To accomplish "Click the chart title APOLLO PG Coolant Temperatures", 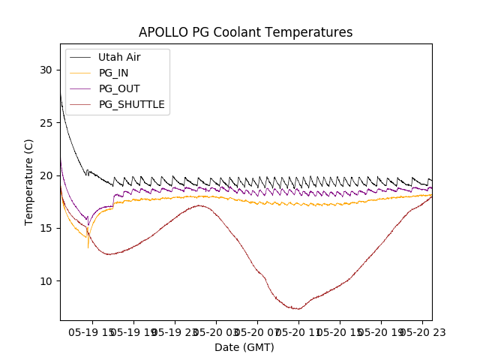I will click(245, 32).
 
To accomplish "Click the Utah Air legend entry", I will click(119, 57).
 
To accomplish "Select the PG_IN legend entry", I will click(113, 73).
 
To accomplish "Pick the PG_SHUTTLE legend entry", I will click(131, 104).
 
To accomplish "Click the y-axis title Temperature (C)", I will click(28, 181).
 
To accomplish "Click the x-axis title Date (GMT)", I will click(244, 347).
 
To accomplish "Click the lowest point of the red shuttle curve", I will click(298, 309).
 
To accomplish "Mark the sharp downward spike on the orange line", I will click(88, 247).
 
